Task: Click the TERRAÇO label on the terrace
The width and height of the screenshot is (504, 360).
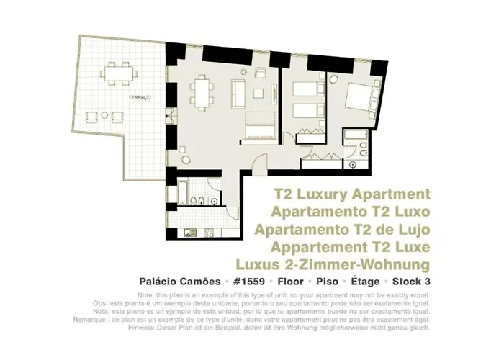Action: click(x=139, y=96)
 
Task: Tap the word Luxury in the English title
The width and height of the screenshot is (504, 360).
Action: click(x=335, y=195)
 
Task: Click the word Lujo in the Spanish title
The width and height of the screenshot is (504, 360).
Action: click(x=412, y=230)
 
